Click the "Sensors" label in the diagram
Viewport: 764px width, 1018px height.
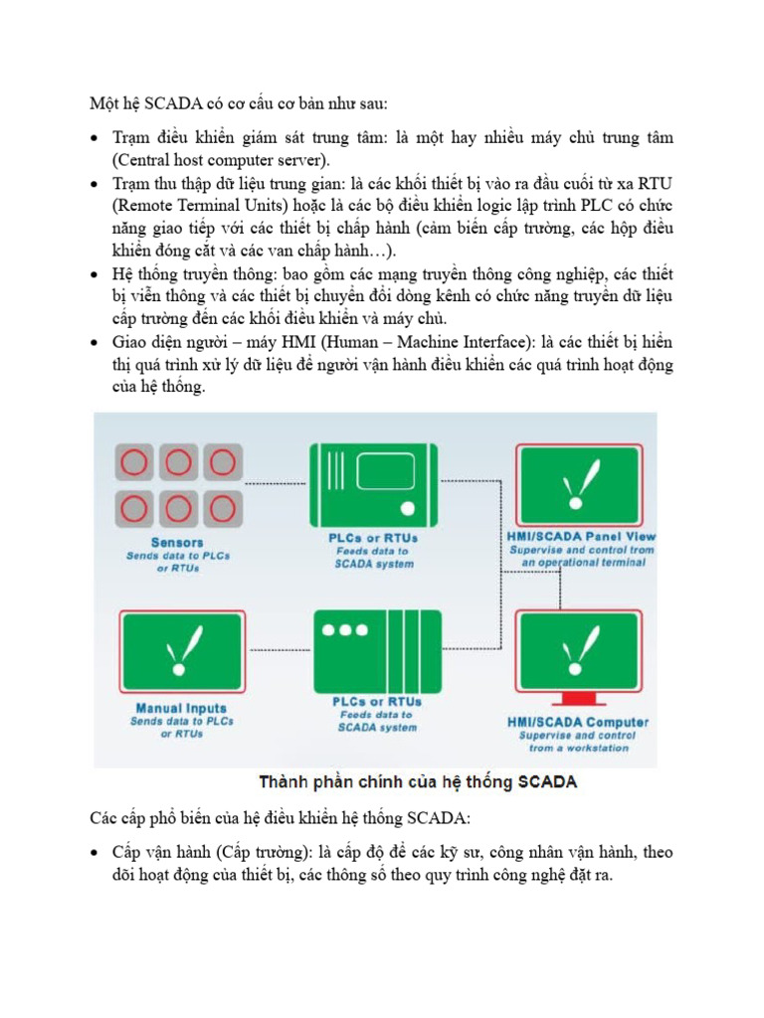pyautogui.click(x=177, y=542)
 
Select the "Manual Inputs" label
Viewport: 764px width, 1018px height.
pyautogui.click(x=181, y=709)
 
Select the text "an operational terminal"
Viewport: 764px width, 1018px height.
pyautogui.click(x=583, y=563)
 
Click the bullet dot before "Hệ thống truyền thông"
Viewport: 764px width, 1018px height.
pyautogui.click(x=94, y=274)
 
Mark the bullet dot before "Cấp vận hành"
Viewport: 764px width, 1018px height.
pyautogui.click(x=94, y=853)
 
